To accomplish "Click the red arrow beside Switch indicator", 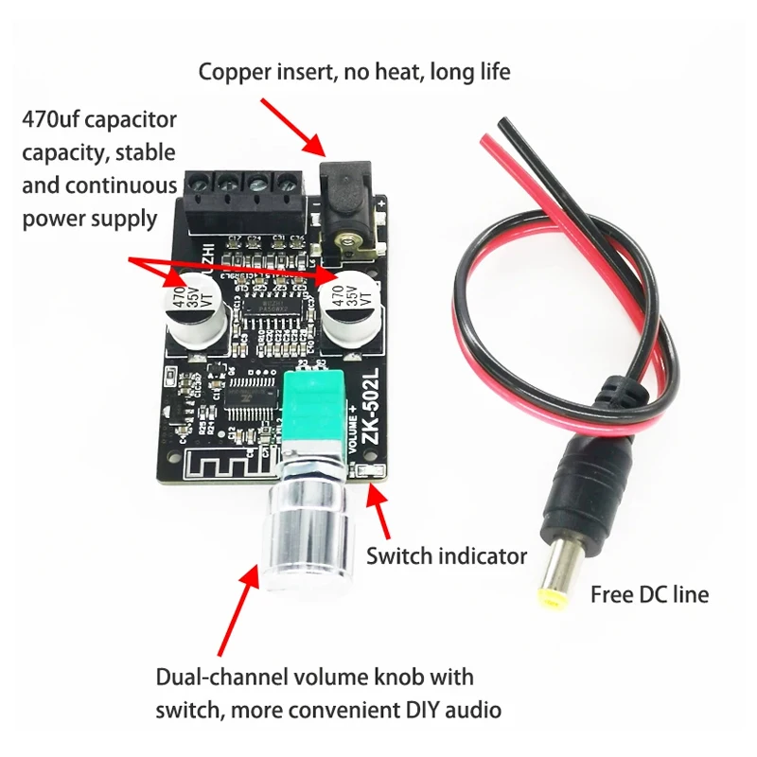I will pos(381,517).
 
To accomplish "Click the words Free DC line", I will pos(649,595).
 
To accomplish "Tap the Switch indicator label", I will pos(447,556).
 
